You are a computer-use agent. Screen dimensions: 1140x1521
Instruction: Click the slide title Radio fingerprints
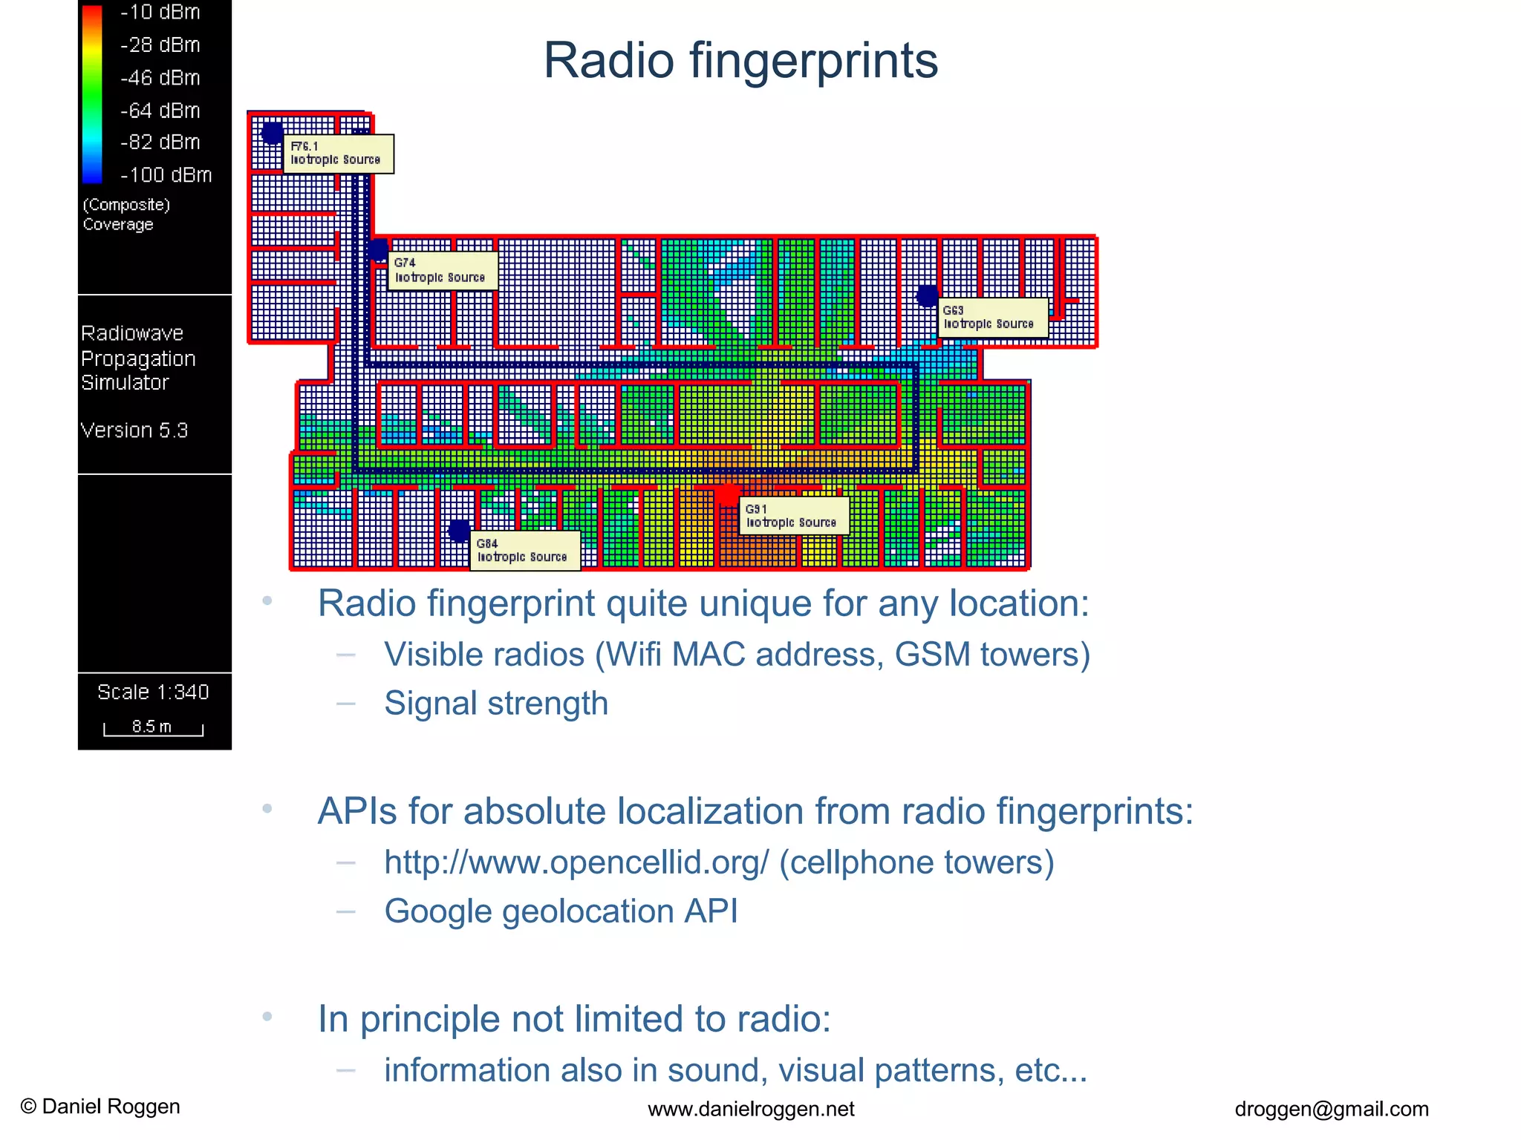[x=740, y=61]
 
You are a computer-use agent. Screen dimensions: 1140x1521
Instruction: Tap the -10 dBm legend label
[x=160, y=13]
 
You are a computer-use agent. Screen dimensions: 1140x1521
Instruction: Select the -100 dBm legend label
[x=166, y=175]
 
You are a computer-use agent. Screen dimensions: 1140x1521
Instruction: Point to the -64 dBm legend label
[x=160, y=111]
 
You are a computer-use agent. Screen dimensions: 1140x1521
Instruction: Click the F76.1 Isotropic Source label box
[x=338, y=154]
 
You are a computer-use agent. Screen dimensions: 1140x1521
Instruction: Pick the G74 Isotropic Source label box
[x=443, y=270]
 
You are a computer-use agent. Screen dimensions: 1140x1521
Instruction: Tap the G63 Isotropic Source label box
[x=992, y=317]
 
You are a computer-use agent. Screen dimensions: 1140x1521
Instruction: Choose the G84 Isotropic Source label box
[x=524, y=551]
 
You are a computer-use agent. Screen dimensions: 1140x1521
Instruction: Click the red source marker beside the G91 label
[x=728, y=493]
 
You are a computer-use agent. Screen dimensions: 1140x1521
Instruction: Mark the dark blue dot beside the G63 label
[x=927, y=295]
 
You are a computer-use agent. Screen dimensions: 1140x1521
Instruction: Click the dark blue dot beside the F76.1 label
[x=273, y=133]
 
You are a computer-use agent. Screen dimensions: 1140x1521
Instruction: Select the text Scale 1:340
[x=153, y=692]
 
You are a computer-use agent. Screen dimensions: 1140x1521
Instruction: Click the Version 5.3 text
[x=134, y=430]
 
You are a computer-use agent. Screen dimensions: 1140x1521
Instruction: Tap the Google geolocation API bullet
[x=561, y=911]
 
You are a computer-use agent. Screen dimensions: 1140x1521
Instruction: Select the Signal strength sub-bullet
[x=496, y=703]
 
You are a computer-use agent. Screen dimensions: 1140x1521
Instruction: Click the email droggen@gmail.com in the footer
[x=1331, y=1109]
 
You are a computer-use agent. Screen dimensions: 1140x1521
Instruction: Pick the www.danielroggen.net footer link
[x=751, y=1109]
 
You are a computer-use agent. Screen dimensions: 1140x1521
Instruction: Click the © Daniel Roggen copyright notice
[x=100, y=1107]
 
